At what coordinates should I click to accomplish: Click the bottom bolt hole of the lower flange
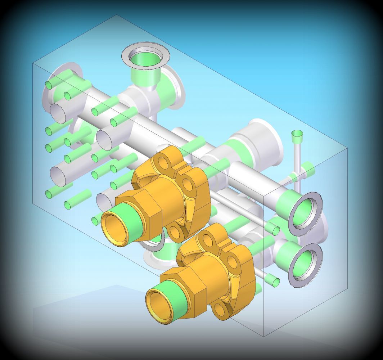tap(220, 308)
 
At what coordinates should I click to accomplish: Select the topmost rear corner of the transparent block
tap(116, 15)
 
